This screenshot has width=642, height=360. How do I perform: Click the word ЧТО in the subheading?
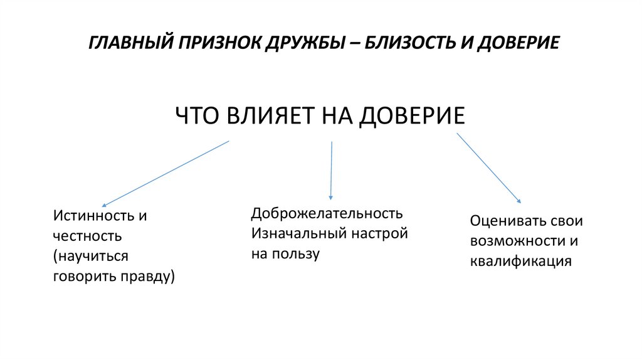(x=194, y=117)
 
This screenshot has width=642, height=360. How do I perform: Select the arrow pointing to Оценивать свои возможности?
(x=489, y=167)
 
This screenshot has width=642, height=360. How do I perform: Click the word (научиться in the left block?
(x=91, y=257)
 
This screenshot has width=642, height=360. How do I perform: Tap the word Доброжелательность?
(x=327, y=213)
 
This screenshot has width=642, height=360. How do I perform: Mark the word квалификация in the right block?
(x=520, y=262)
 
